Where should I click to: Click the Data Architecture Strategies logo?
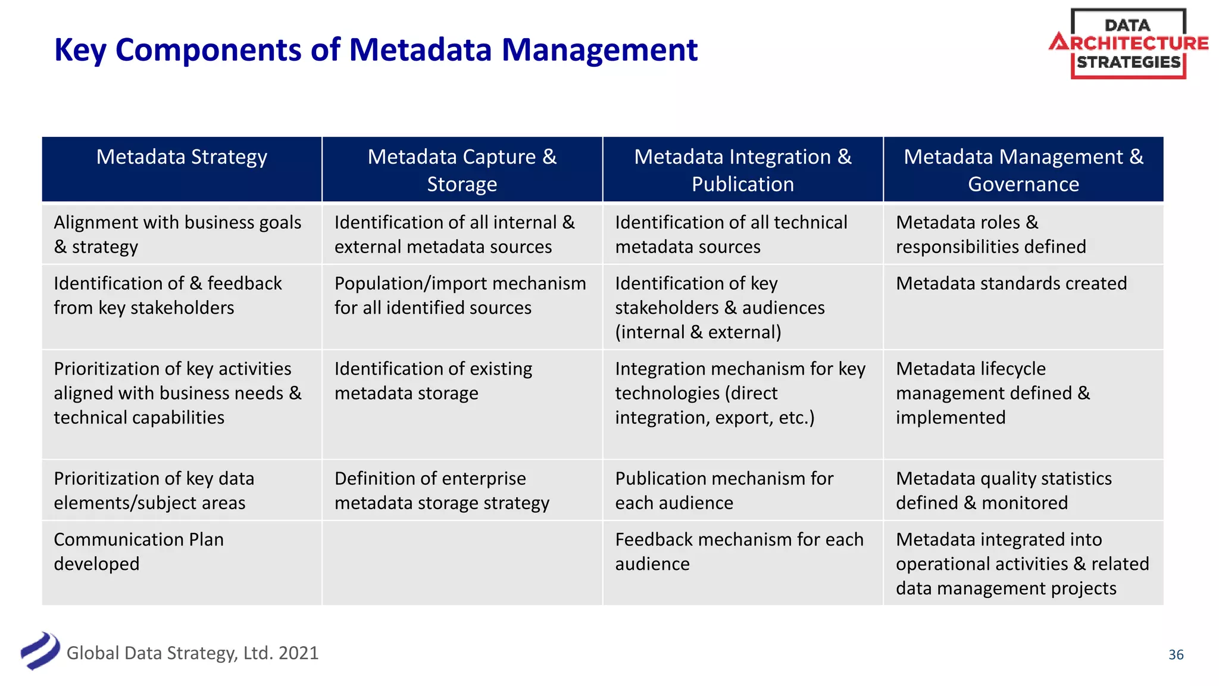pyautogui.click(x=1129, y=44)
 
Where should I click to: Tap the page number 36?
pyautogui.click(x=1176, y=654)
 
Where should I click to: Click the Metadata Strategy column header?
pyautogui.click(x=182, y=157)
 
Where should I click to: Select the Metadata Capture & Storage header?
pyautogui.click(x=462, y=170)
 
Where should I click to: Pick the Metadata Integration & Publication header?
pyautogui.click(x=743, y=170)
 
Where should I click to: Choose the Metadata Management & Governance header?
pyautogui.click(x=1023, y=170)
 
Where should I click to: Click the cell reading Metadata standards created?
pyautogui.click(x=1011, y=283)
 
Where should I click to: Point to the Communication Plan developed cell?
pyautogui.click(x=139, y=551)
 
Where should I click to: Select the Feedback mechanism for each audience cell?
pyautogui.click(x=739, y=551)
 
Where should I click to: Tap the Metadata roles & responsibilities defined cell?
pyautogui.click(x=990, y=235)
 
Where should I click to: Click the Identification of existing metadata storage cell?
pyautogui.click(x=433, y=381)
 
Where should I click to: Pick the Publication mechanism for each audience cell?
pyautogui.click(x=724, y=491)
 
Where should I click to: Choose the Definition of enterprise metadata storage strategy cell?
pyautogui.click(x=442, y=491)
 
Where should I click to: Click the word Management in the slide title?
pyautogui.click(x=599, y=50)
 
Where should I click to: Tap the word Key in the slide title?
pyautogui.click(x=80, y=50)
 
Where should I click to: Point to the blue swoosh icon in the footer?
pyautogui.click(x=40, y=651)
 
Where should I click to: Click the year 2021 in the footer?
pyautogui.click(x=298, y=653)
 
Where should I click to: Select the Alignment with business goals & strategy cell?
pyautogui.click(x=177, y=235)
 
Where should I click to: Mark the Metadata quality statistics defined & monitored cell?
pyautogui.click(x=1004, y=491)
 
